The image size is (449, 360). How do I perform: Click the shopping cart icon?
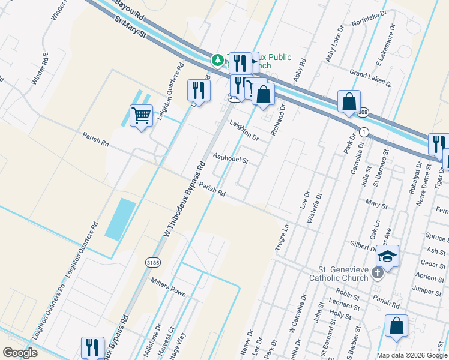[x=141, y=115]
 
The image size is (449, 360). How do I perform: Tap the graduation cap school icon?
[x=388, y=256]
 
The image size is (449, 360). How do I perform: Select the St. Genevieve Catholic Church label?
[x=343, y=274]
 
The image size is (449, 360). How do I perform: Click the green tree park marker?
[x=217, y=60]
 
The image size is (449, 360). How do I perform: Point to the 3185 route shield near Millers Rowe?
[x=152, y=261]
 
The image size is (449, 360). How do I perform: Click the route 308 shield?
[x=362, y=112]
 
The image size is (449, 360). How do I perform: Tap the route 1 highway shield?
[x=363, y=131]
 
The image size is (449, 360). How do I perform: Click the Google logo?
[x=20, y=353]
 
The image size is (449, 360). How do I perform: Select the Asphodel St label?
[x=231, y=158]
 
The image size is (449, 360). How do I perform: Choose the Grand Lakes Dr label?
[x=371, y=78]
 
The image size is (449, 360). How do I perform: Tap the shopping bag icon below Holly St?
[x=396, y=326]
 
